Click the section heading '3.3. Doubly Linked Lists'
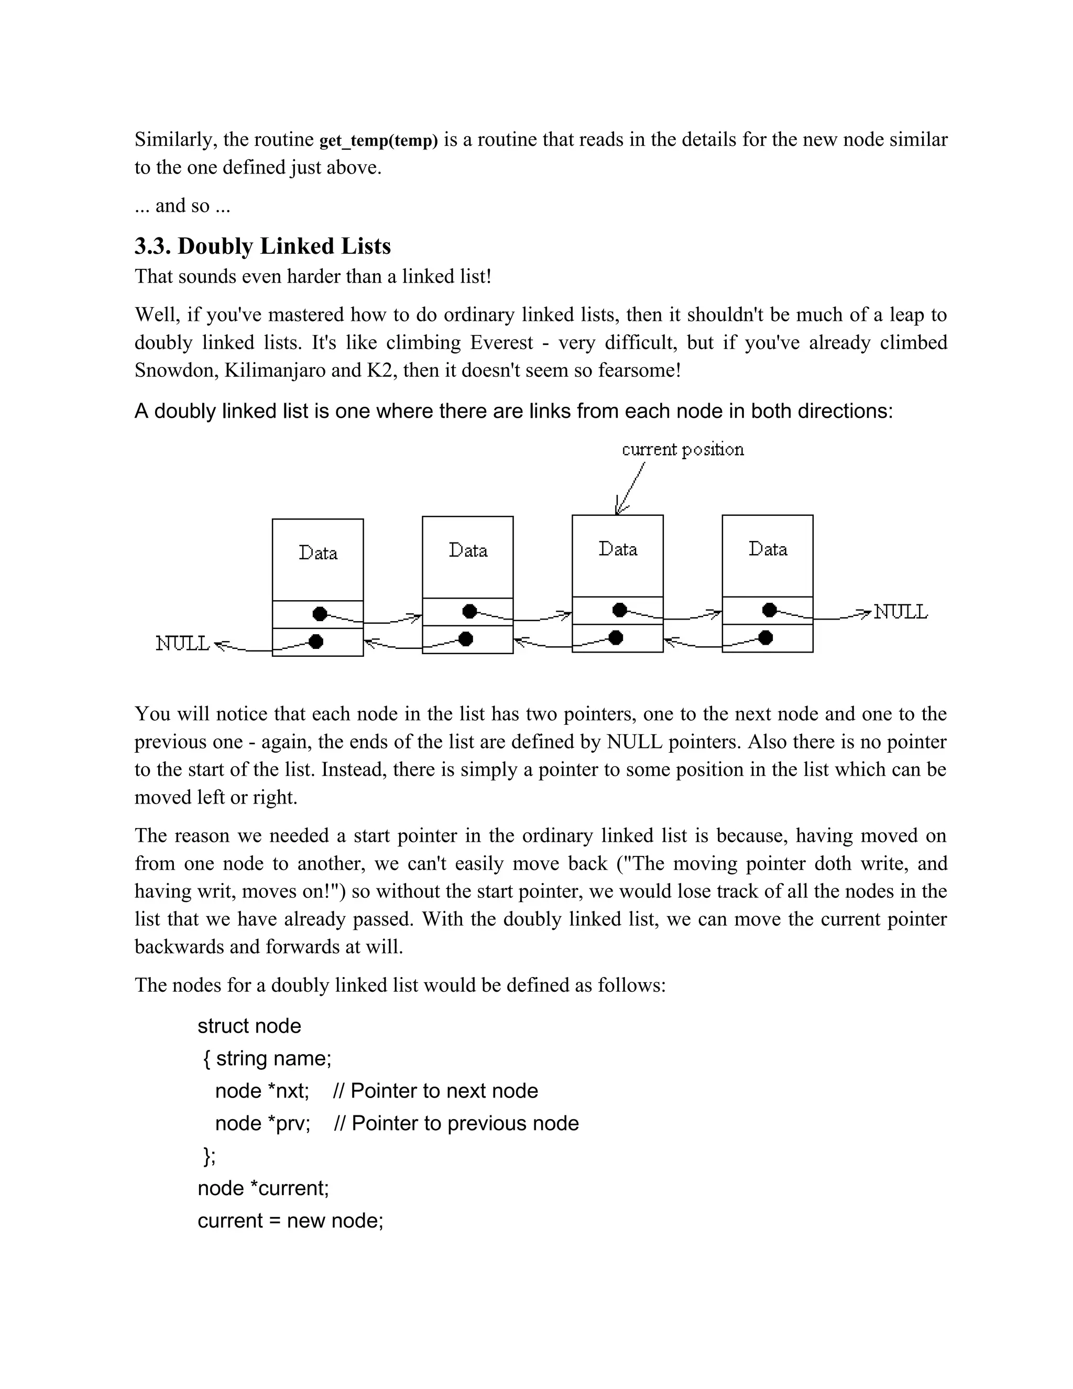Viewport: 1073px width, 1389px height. (x=262, y=246)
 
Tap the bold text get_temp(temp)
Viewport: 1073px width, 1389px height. (x=378, y=140)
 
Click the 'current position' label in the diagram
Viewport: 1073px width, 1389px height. (x=682, y=450)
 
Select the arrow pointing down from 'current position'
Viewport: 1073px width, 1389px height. (x=630, y=489)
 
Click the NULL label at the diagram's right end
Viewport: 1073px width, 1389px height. (x=900, y=612)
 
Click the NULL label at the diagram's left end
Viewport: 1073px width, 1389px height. (x=182, y=644)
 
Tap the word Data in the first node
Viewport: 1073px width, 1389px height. (x=318, y=552)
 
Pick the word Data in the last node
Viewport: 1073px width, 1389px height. (x=768, y=549)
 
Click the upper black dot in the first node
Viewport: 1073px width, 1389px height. (x=320, y=614)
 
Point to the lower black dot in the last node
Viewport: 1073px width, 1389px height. (x=766, y=637)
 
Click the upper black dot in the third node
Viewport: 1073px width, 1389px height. (x=620, y=610)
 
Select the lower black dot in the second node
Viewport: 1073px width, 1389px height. (x=466, y=638)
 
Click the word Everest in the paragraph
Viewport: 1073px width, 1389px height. (x=501, y=343)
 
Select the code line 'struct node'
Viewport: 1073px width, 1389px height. (x=249, y=1026)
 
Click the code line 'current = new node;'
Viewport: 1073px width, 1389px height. (x=290, y=1221)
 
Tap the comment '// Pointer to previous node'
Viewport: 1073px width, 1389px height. (x=456, y=1124)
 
